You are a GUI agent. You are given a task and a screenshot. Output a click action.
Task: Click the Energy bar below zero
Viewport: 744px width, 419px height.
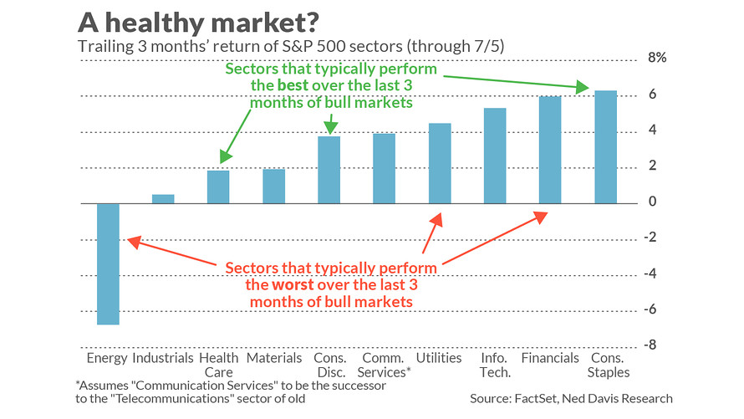point(108,263)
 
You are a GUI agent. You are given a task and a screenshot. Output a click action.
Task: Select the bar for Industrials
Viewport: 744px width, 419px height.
point(163,199)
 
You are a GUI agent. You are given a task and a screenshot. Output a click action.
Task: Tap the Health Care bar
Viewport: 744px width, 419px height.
point(218,187)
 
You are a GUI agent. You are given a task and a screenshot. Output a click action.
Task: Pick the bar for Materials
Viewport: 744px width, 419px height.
point(273,187)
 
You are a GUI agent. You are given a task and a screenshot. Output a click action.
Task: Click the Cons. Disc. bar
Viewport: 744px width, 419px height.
point(329,170)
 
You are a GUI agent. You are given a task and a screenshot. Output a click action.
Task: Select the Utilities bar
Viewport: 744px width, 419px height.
point(440,163)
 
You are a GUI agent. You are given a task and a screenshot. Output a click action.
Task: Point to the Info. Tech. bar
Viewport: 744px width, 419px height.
point(495,156)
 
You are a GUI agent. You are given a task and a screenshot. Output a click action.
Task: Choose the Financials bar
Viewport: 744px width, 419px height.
point(550,150)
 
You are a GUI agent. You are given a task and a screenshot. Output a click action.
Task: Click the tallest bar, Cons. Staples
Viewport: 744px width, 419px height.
point(605,147)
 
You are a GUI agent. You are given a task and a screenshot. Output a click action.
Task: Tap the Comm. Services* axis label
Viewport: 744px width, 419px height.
point(385,365)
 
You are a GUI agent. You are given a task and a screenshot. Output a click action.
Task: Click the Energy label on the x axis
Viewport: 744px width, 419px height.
point(107,358)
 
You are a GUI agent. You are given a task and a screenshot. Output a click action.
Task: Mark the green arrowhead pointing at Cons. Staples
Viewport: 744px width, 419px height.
point(582,88)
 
